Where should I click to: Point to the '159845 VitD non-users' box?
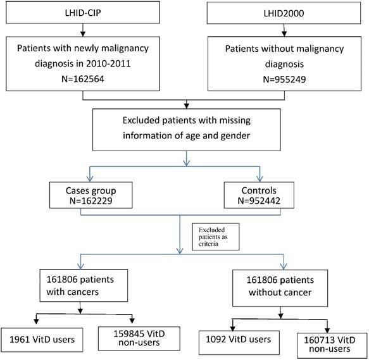click(x=130, y=340)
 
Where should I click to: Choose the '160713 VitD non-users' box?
click(x=328, y=341)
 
